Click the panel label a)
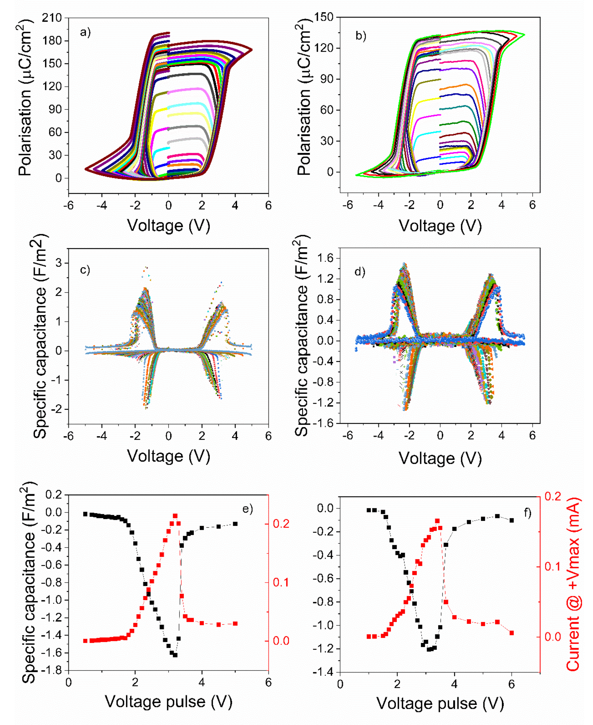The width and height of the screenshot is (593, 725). [85, 33]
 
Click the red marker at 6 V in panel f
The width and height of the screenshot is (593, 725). [511, 633]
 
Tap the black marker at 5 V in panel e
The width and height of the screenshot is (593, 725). [235, 524]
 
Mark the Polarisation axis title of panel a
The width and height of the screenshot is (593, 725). [25, 97]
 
